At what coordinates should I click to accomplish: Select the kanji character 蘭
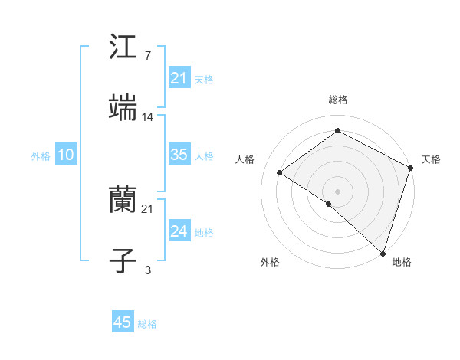tap(123, 201)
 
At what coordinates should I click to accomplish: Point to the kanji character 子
tap(123, 261)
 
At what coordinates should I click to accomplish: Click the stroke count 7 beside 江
tap(147, 56)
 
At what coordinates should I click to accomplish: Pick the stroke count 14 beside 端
tap(148, 117)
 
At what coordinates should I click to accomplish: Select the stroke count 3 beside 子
tap(147, 270)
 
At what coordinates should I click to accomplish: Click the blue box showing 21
tap(179, 78)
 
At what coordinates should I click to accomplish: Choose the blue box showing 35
tap(179, 155)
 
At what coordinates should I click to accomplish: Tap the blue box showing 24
tap(179, 231)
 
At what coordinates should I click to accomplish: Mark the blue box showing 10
tap(65, 155)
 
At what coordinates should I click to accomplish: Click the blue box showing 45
tap(123, 322)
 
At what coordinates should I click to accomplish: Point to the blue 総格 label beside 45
tap(147, 324)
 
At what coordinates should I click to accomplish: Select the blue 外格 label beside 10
tap(41, 156)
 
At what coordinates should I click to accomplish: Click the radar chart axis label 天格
tap(431, 159)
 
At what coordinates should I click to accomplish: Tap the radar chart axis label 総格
tap(338, 100)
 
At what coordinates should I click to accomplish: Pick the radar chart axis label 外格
tap(270, 262)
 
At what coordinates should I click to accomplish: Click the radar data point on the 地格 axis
tap(383, 253)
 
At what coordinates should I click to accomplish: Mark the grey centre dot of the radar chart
tap(337, 191)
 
